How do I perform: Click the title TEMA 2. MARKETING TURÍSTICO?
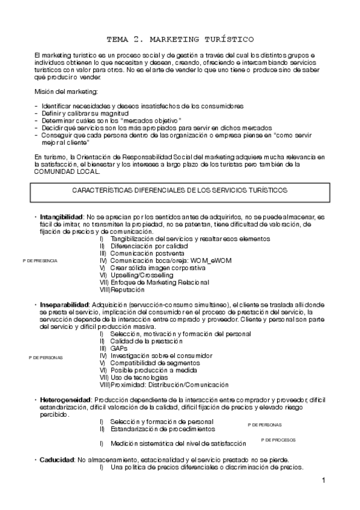click(x=180, y=39)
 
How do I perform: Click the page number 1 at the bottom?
click(x=323, y=481)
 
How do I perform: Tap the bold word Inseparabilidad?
click(x=65, y=305)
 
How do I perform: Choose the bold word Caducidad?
click(x=57, y=459)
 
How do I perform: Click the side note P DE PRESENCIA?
click(x=40, y=261)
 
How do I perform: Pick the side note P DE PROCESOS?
click(x=279, y=440)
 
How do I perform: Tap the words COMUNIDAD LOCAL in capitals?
click(x=67, y=171)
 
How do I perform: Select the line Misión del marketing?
click(x=66, y=91)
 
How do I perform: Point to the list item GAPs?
click(x=118, y=348)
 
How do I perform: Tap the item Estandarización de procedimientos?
click(x=162, y=429)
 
